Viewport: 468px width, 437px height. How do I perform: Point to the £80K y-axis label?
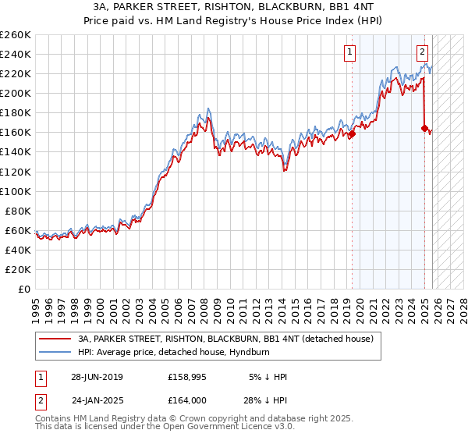[x=18, y=211]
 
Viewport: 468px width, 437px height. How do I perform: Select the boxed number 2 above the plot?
[x=422, y=53]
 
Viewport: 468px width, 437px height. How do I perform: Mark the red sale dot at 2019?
[x=352, y=133]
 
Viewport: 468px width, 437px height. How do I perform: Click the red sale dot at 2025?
[x=424, y=129]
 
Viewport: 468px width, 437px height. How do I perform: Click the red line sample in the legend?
[x=55, y=339]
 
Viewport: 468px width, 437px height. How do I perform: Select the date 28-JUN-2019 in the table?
[x=97, y=377]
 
